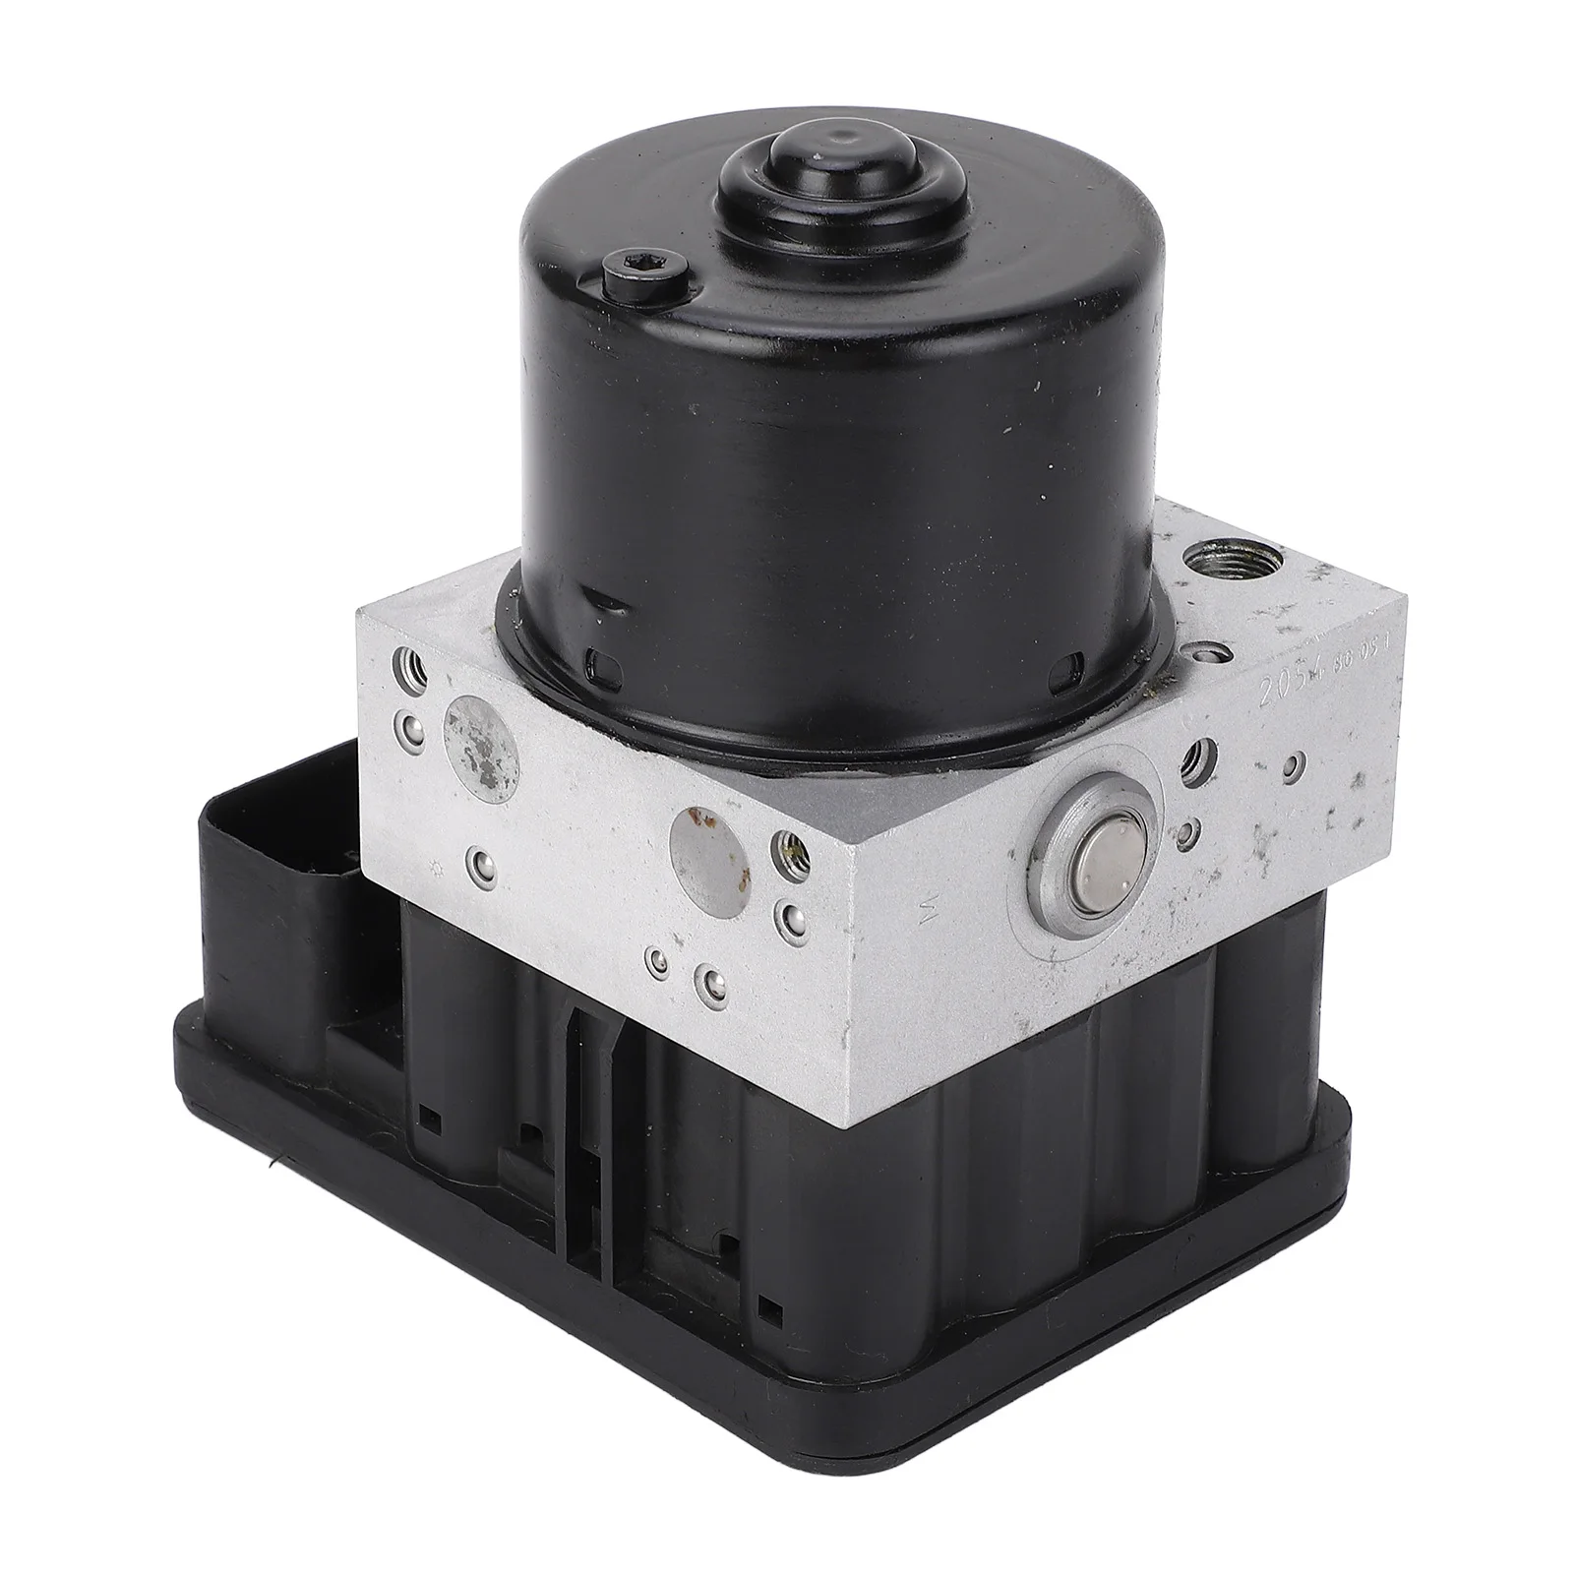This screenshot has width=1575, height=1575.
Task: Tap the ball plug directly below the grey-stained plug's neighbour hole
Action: click(408, 729)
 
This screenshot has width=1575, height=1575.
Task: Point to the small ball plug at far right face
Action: click(1301, 760)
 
